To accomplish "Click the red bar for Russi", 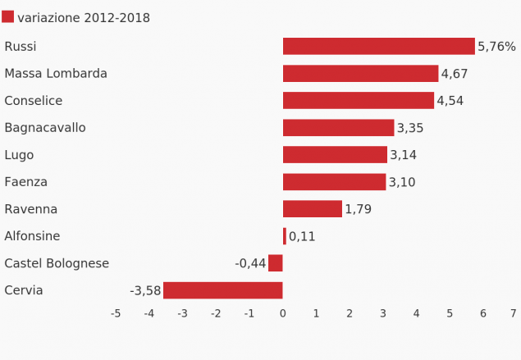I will coord(378,47).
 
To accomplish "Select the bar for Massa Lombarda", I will coord(360,74).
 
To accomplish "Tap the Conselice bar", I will coord(358,101).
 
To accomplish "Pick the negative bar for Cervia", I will coord(222,290).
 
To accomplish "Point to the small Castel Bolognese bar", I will coord(276,263).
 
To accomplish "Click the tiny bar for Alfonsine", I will coord(285,236).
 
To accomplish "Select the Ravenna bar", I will coord(312,209).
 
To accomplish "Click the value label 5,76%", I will coord(496,47).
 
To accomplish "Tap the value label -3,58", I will coord(145,290).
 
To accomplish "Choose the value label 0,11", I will coord(302,236).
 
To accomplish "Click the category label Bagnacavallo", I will coord(45,128).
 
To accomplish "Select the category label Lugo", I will coord(19,155).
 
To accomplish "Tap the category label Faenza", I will coord(25,182).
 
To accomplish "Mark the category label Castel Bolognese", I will coord(57,263).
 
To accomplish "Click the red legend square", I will coord(8,17).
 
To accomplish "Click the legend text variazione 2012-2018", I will coord(84,18).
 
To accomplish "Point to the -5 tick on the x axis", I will coord(116,313).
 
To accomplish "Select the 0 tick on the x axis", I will coord(282,313).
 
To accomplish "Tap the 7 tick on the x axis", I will coord(513,313).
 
